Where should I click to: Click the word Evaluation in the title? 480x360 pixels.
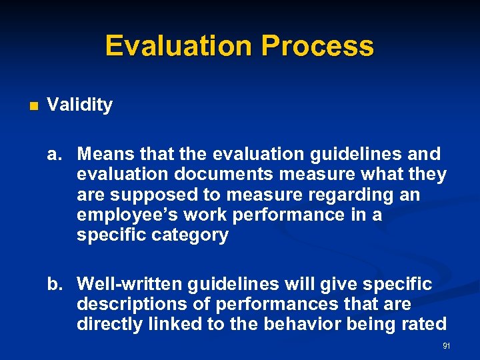179,46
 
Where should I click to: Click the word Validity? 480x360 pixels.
80,105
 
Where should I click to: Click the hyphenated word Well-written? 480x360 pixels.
129,285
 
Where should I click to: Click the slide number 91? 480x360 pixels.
446,346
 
